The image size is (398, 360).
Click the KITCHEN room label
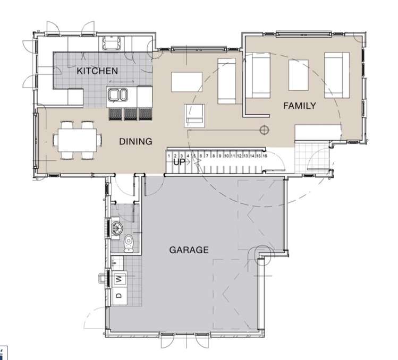[97, 71]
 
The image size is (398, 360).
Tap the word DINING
[136, 141]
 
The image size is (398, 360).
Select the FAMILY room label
[299, 106]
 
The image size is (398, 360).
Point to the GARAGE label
[189, 250]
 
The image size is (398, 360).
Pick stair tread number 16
[264, 156]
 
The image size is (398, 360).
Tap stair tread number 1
[169, 156]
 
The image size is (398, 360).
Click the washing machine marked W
[118, 278]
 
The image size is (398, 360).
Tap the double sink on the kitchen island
[117, 95]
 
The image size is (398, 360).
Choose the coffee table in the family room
[298, 75]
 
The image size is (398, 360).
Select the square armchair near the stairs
[194, 115]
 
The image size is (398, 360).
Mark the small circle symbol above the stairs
[262, 129]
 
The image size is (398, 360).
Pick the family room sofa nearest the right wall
[337, 75]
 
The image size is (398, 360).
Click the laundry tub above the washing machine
[116, 262]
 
